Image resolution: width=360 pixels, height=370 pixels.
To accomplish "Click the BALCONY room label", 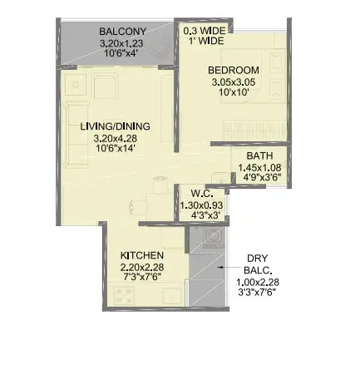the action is (122, 32).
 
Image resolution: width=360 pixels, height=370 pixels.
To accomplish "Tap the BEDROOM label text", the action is (234, 70).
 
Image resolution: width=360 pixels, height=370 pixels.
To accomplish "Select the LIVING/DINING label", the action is (115, 126).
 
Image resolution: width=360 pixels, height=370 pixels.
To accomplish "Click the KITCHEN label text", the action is (142, 255).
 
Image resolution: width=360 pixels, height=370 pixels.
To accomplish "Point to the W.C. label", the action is (202, 194).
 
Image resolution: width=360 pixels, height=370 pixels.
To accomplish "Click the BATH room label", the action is (259, 155).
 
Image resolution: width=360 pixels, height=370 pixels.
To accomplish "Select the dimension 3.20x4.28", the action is (116, 138).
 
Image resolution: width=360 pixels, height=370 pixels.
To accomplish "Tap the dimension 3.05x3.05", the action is (234, 82).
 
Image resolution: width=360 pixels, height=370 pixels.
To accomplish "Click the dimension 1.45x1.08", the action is (259, 167).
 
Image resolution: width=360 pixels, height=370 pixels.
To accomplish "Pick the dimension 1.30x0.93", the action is (201, 205).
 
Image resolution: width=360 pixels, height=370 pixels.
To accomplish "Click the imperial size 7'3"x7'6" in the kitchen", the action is (142, 276).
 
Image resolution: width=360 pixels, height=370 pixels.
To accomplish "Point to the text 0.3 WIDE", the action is (205, 31).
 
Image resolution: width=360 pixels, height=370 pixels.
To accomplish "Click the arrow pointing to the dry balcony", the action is (229, 268).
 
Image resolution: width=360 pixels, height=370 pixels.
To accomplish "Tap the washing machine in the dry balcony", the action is (214, 236).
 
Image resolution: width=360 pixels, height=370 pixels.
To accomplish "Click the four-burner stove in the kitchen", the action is (124, 296).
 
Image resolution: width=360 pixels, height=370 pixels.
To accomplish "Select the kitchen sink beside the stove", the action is (172, 296).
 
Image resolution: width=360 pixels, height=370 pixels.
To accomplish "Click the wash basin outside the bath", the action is (221, 177).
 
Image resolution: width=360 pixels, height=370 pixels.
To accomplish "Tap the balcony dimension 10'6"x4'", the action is (121, 53).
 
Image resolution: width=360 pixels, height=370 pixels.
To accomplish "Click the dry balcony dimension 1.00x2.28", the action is (258, 283).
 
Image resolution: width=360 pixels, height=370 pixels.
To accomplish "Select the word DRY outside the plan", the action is (258, 259).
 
